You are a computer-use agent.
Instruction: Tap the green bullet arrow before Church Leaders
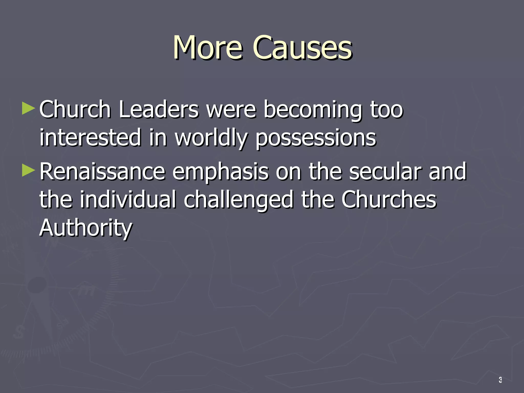pyautogui.click(x=28, y=108)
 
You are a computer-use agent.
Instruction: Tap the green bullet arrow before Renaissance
pyautogui.click(x=28, y=170)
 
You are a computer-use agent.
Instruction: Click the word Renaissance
pyautogui.click(x=102, y=171)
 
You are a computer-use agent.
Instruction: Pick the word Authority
pyautogui.click(x=86, y=228)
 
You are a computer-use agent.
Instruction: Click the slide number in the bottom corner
pyautogui.click(x=500, y=380)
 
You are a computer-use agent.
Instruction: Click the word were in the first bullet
pyautogui.click(x=231, y=110)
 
